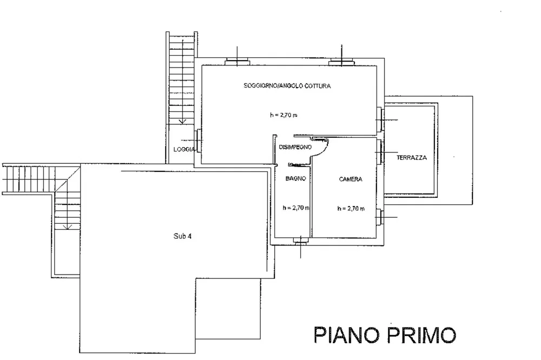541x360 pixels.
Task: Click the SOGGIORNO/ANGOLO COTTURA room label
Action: tap(287, 86)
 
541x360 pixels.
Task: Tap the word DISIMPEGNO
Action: tap(295, 147)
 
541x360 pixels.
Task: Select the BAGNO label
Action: tap(296, 178)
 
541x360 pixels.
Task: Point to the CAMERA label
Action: tap(351, 179)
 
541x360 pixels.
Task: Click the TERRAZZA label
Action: tap(412, 158)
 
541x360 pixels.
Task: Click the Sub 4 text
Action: tap(182, 236)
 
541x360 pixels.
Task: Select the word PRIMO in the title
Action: tap(421, 335)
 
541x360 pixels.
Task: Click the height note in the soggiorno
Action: tap(283, 115)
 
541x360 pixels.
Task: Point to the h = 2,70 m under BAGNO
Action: tap(296, 208)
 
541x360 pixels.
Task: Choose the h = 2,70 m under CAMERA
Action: tap(351, 208)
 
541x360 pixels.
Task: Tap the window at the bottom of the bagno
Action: tap(300, 241)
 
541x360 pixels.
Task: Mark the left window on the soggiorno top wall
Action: tap(237, 62)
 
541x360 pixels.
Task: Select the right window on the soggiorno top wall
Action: tap(341, 62)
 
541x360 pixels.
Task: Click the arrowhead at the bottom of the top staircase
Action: tap(182, 121)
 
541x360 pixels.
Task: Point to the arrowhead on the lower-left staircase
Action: tap(68, 226)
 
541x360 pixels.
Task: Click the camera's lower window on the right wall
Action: tap(380, 217)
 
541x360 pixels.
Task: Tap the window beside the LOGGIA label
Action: tap(198, 141)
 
